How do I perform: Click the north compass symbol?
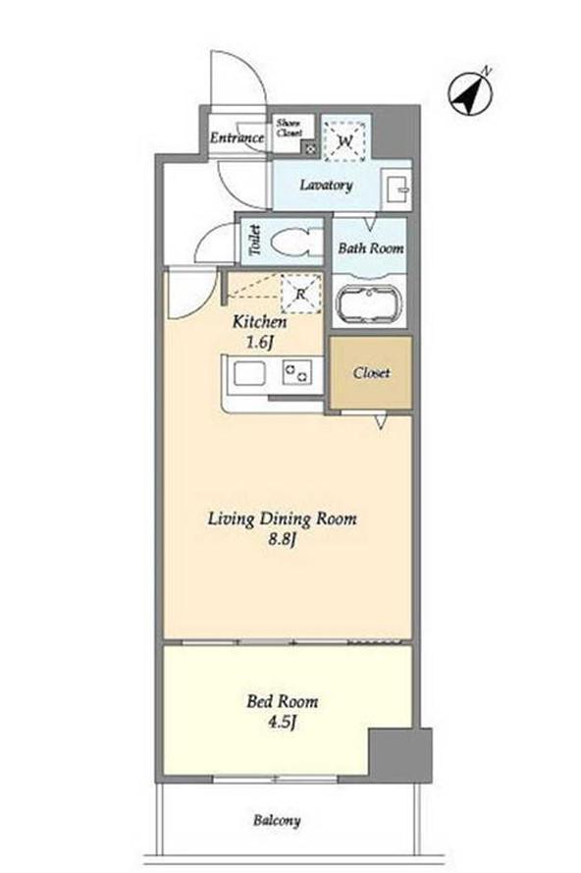[470, 92]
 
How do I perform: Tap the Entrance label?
[238, 137]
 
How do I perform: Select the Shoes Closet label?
[290, 128]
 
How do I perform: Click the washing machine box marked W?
[344, 141]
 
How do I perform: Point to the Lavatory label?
[326, 185]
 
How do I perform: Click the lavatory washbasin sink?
[396, 189]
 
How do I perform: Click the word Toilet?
[255, 241]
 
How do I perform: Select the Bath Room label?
[371, 248]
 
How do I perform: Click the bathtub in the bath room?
[369, 304]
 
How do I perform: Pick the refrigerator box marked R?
[301, 294]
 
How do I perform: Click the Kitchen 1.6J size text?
[259, 332]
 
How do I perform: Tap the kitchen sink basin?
[249, 373]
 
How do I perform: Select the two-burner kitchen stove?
[296, 371]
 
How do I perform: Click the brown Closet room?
[371, 372]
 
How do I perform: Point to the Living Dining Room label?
[282, 519]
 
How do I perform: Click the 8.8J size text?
[281, 539]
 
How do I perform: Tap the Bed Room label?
[283, 701]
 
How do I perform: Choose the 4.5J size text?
[282, 723]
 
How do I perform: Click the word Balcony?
[277, 820]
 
